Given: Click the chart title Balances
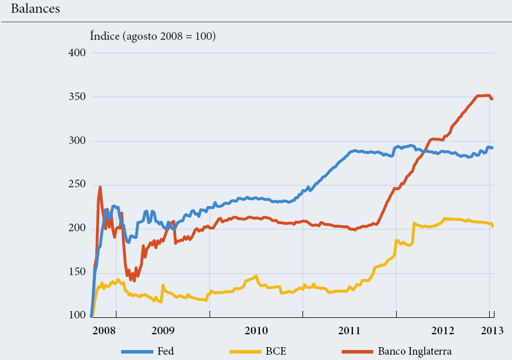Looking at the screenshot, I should [35, 10].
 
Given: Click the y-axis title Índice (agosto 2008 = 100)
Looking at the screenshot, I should [153, 36].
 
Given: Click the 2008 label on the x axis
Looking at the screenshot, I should [104, 331].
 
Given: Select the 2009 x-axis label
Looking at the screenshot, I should [163, 331].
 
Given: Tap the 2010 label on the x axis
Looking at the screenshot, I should [256, 331].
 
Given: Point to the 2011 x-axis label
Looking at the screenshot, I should [350, 331].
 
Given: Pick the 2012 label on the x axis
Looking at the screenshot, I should [443, 331].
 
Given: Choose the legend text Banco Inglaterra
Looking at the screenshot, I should [414, 351].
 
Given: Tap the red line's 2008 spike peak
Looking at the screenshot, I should [100, 187].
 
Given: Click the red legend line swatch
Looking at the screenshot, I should [356, 351].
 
